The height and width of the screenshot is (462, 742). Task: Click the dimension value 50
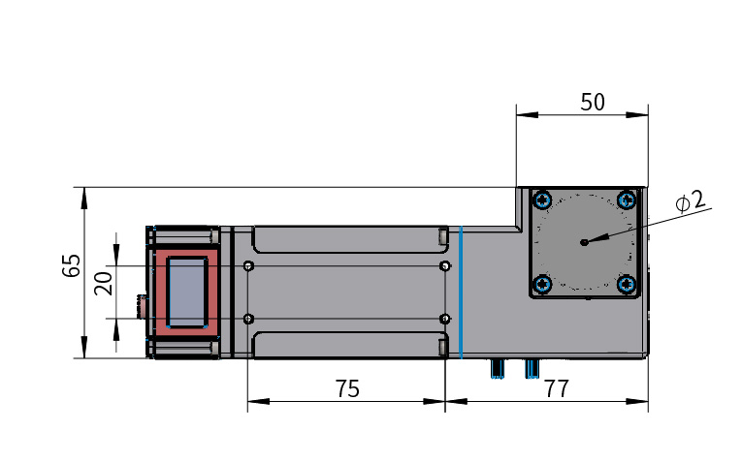(x=593, y=102)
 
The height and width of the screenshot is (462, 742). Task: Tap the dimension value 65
(x=72, y=266)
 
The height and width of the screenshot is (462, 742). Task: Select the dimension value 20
(x=104, y=284)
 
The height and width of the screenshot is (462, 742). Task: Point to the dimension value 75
(x=348, y=388)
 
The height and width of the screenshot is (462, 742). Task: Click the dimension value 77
(x=557, y=388)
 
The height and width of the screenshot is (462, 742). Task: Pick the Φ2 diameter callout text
(x=691, y=201)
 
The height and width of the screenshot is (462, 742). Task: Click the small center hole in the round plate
(x=585, y=242)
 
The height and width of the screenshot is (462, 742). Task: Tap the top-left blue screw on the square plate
(x=542, y=200)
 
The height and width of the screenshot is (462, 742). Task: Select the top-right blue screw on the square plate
(x=628, y=200)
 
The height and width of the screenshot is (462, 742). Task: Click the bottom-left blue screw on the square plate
(x=542, y=285)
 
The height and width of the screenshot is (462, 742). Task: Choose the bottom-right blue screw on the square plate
(x=628, y=285)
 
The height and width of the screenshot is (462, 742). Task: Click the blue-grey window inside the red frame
(x=188, y=292)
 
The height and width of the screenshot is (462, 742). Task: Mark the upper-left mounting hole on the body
(x=249, y=266)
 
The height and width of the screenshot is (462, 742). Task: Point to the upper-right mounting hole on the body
(x=445, y=266)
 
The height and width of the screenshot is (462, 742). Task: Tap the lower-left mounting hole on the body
(x=249, y=320)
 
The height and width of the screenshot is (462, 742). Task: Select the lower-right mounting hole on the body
(x=445, y=320)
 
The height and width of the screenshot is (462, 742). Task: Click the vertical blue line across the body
(x=462, y=292)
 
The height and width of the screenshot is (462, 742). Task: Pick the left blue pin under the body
(x=497, y=368)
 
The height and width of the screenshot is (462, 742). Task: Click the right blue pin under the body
(x=532, y=368)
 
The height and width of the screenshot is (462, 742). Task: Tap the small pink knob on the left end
(x=142, y=307)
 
